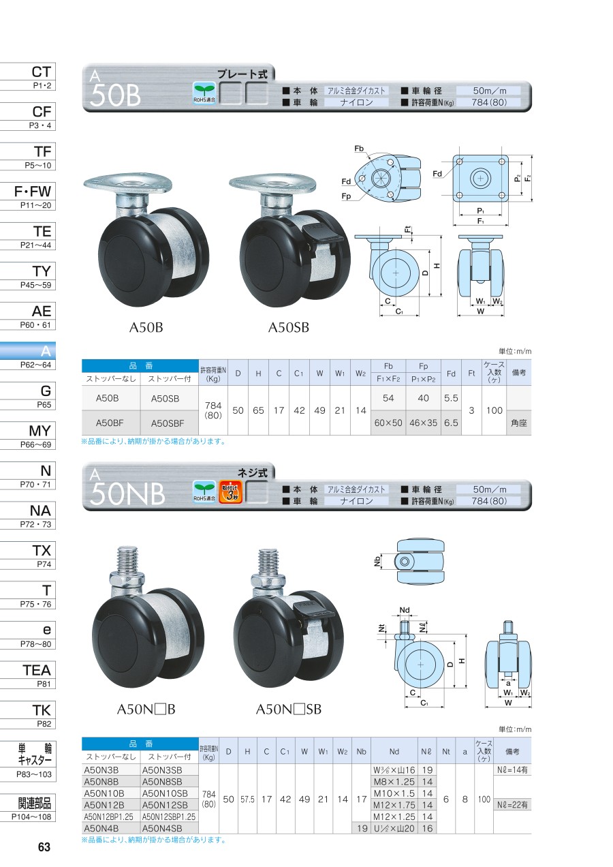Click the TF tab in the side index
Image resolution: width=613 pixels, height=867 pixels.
pos(28,156)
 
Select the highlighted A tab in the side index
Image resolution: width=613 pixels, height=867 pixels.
pos(28,355)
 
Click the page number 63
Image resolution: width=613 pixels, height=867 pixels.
pos(44,847)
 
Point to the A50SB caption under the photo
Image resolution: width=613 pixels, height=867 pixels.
pos(289,327)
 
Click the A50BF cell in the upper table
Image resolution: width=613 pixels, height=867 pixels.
pos(110,423)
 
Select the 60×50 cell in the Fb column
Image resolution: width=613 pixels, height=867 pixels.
pos(388,423)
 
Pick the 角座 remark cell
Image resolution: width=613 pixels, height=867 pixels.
pos(518,423)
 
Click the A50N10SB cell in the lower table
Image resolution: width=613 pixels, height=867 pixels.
pos(165,793)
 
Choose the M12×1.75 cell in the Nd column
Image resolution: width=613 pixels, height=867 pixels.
pos(394,805)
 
